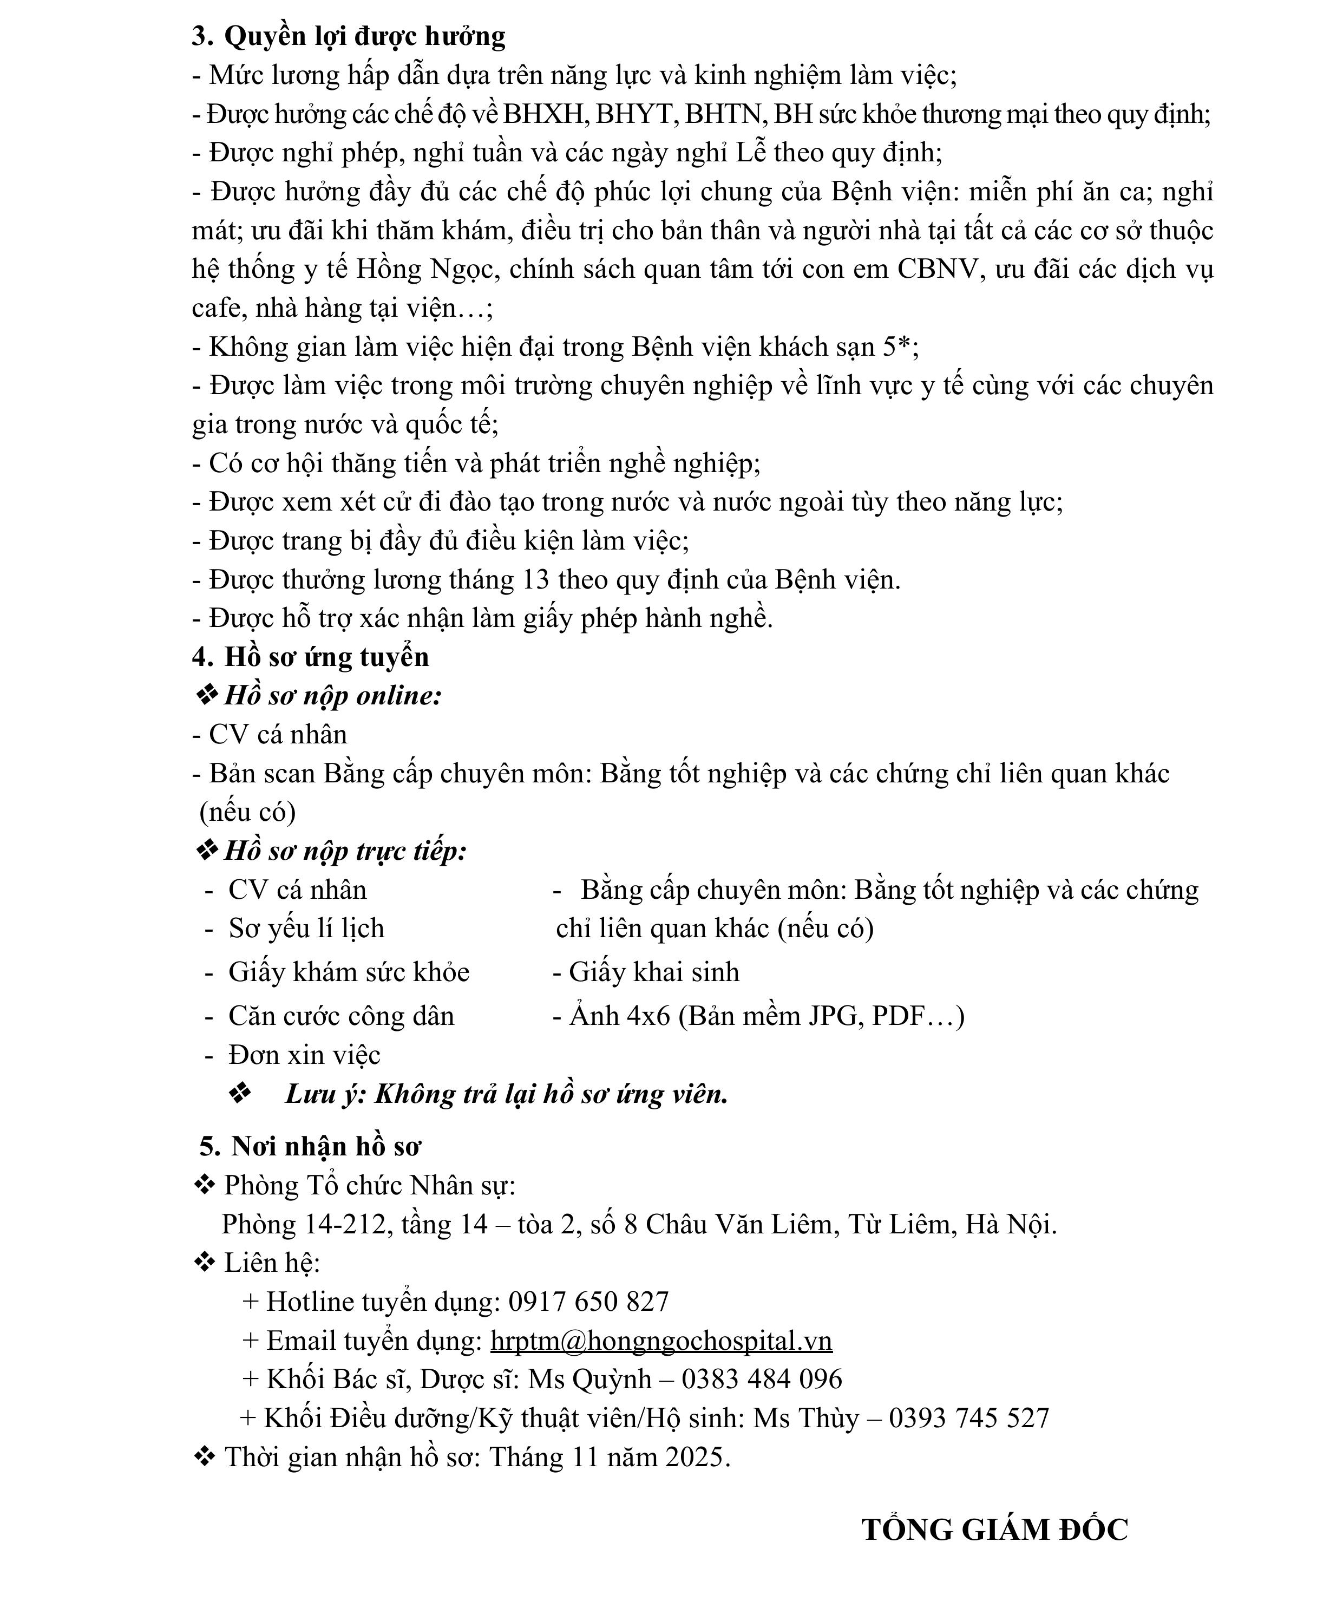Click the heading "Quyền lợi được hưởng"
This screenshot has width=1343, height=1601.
pos(364,36)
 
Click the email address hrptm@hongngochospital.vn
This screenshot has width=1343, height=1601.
pos(661,1340)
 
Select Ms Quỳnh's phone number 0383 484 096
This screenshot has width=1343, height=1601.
pos(762,1379)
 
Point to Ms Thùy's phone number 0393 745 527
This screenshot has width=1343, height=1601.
pos(969,1418)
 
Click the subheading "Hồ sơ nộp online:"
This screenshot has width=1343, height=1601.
pos(332,695)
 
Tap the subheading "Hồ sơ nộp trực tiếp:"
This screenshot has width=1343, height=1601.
pos(344,851)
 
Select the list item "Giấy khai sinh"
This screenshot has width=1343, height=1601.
pos(654,972)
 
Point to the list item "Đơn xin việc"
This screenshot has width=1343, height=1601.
pos(304,1055)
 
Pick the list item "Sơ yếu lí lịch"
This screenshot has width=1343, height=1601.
pos(306,929)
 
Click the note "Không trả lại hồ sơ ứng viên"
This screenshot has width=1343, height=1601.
pos(551,1094)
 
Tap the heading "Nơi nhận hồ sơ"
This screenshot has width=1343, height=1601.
pos(325,1147)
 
